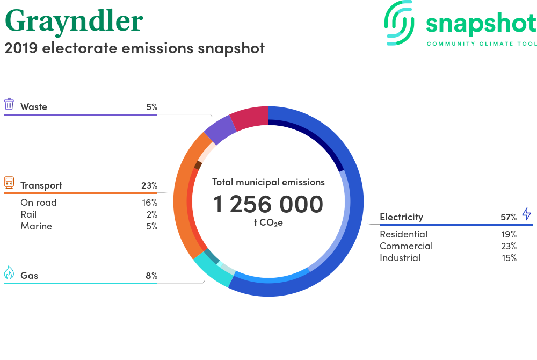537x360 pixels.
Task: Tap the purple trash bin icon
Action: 9,104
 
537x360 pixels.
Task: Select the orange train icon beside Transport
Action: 9,183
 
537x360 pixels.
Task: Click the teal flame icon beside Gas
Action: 9,272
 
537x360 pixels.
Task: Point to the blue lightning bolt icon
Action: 526,213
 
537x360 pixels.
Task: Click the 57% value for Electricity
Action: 509,217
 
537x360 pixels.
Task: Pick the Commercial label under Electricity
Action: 406,246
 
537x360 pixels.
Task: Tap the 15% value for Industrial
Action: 509,258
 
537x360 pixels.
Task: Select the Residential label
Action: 403,234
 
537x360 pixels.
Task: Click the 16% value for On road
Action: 150,203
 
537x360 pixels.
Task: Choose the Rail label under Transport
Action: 28,214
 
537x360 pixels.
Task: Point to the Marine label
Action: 37,226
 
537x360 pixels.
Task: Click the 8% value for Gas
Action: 151,276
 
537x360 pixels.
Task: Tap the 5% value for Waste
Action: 152,107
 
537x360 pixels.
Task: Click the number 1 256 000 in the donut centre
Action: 268,204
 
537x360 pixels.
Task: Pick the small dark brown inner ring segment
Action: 198,165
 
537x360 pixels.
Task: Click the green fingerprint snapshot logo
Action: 398,23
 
